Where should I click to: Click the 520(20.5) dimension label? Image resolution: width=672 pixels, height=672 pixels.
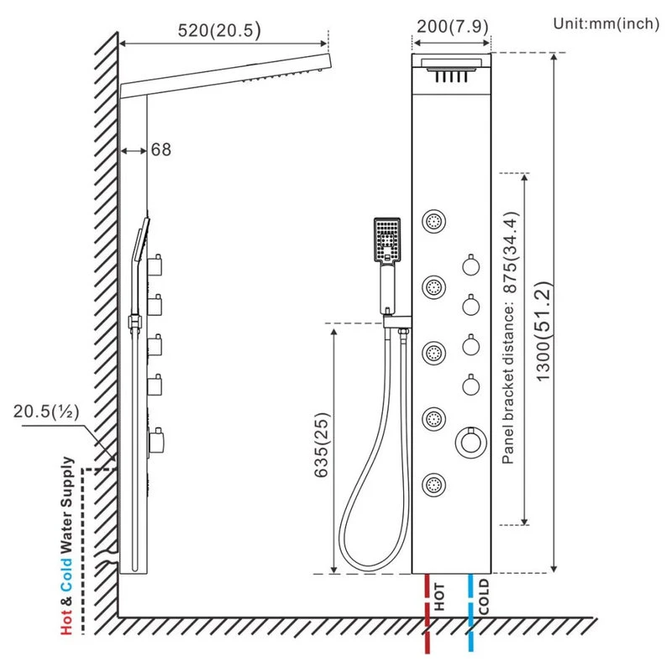[219, 30]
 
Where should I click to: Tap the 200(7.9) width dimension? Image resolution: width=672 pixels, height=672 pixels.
[453, 27]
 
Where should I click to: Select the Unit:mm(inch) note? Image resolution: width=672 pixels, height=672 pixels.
[606, 24]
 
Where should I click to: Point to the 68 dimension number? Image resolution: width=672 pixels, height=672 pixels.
[161, 150]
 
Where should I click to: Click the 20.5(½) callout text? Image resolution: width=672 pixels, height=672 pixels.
[46, 412]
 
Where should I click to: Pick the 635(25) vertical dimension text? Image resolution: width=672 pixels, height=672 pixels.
[322, 445]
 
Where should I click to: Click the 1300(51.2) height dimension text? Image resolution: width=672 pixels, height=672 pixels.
[543, 332]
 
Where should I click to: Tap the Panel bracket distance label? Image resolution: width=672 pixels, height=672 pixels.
[510, 338]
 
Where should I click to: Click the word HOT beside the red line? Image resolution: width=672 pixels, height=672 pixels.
[439, 597]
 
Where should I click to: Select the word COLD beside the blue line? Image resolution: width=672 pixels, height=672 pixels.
[484, 596]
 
